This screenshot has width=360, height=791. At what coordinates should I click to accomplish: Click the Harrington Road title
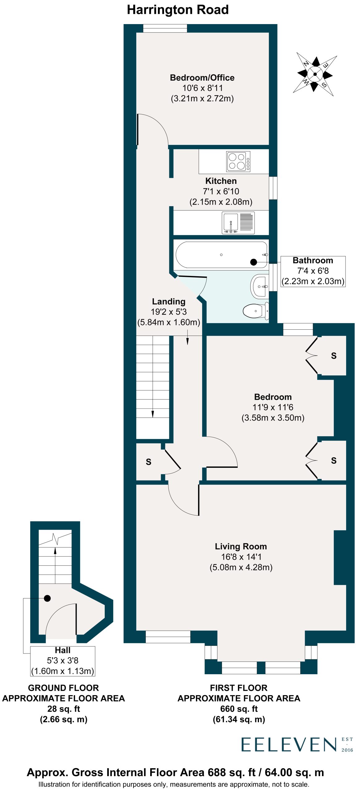point(178,10)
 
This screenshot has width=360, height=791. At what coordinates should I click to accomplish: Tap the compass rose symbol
point(315,74)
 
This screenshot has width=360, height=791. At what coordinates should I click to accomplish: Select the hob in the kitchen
point(238,161)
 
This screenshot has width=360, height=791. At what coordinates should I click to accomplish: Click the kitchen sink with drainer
point(238,223)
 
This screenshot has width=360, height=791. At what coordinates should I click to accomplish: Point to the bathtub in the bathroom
point(221,255)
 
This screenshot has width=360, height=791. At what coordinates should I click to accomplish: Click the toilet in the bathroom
point(256,311)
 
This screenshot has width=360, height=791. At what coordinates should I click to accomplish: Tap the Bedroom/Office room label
point(202,78)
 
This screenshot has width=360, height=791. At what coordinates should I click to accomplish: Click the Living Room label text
point(241,546)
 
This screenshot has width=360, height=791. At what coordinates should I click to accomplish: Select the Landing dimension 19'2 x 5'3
point(169,312)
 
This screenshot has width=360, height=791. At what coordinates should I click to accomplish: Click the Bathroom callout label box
point(313,271)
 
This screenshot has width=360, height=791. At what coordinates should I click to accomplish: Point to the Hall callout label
point(63,661)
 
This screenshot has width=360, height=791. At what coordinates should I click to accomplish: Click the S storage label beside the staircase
point(149,462)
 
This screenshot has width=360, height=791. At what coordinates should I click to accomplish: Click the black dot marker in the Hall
point(47,599)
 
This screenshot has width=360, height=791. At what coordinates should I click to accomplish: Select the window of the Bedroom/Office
point(165,28)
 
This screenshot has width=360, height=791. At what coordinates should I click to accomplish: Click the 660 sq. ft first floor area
point(239,709)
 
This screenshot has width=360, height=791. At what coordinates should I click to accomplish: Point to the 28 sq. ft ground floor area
point(64,709)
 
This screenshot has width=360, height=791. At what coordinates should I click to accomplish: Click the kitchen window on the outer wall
point(273,188)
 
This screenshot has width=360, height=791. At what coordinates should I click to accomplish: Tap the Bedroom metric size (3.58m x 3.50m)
point(273,418)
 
